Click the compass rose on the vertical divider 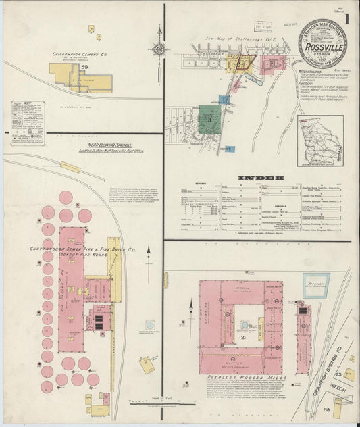pos(159,49)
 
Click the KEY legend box pos(28,122)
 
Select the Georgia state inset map pos(321,141)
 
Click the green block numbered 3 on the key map pos(209,118)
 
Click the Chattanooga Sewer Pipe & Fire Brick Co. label pos(82,251)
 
